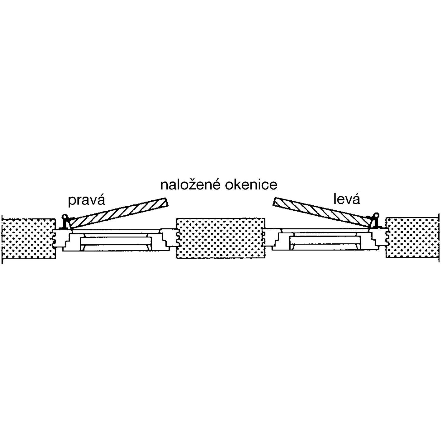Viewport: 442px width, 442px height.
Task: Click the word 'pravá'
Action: point(86,200)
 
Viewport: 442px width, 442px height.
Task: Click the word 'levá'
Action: point(347,199)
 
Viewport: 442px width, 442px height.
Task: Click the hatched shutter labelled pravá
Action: point(118,213)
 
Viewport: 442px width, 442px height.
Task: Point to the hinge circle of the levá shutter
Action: point(376,216)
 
